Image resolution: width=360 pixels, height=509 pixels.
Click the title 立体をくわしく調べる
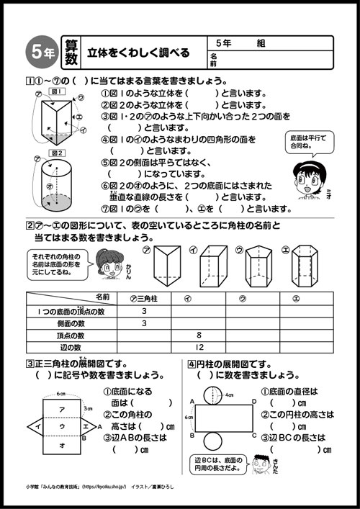tap(138, 52)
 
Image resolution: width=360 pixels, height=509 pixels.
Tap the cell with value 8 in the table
tap(199, 335)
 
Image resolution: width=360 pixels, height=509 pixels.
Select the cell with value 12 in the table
tap(199, 347)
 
